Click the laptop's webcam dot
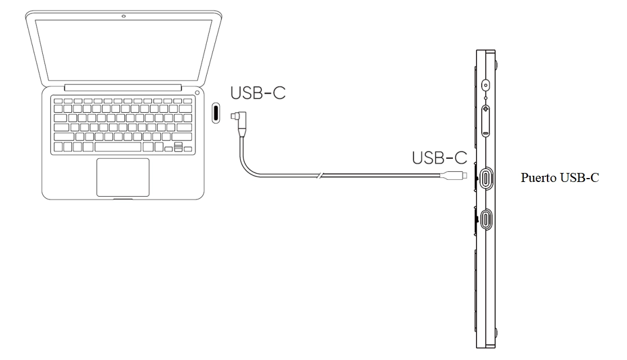(x=123, y=15)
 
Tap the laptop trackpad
(x=123, y=177)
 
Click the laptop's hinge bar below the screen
(x=123, y=87)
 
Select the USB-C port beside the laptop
(x=216, y=112)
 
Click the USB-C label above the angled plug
(x=257, y=93)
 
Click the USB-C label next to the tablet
(x=440, y=157)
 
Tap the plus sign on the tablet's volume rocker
(x=486, y=112)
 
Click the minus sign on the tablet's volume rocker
(x=486, y=134)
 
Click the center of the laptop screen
(x=123, y=49)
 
